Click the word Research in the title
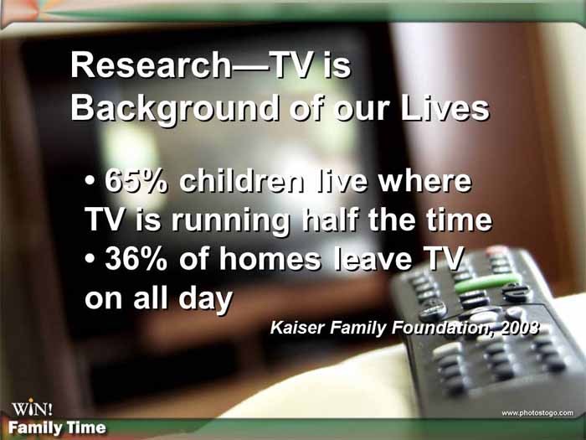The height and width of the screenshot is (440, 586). (x=151, y=65)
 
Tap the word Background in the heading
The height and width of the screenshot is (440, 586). (x=175, y=108)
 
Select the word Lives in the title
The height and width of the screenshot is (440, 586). (x=445, y=108)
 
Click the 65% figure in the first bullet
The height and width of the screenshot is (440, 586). (x=136, y=182)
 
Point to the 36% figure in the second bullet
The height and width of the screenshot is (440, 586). (x=136, y=259)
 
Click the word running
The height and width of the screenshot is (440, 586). (x=230, y=221)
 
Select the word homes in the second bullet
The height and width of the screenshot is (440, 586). (x=270, y=258)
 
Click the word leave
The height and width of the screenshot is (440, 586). (x=373, y=258)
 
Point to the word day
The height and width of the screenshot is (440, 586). (x=206, y=300)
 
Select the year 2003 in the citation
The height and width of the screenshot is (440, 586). (x=520, y=328)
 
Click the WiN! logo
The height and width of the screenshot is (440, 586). (x=32, y=408)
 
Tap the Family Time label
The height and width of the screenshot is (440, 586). (x=57, y=427)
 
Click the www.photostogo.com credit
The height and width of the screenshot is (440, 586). (x=537, y=413)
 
